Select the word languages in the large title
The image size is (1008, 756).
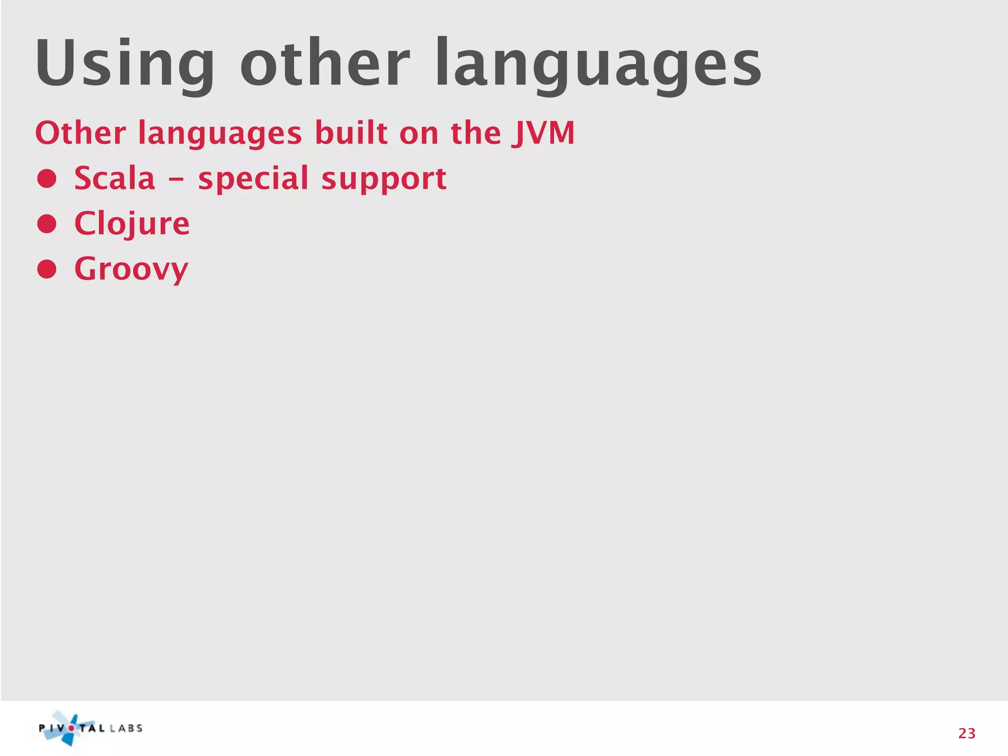[x=598, y=66]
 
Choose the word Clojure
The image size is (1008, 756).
[x=132, y=224]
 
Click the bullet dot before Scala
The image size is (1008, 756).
[x=47, y=179]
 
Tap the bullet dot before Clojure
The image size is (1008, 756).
[x=47, y=224]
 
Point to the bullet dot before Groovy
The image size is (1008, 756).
[x=47, y=269]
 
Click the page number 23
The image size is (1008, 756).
[x=967, y=733]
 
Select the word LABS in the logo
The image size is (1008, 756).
[x=126, y=728]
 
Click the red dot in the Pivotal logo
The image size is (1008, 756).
[x=71, y=728]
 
